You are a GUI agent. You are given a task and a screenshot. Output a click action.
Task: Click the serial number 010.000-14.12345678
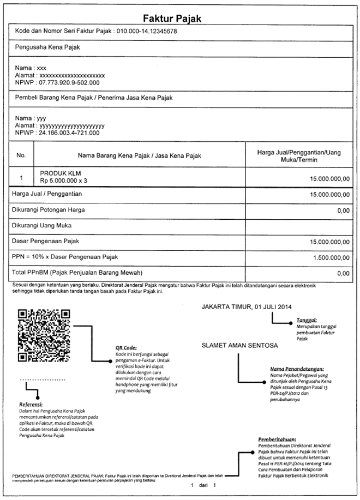click(x=147, y=32)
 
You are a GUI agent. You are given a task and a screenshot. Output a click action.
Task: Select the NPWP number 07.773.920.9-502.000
click(x=69, y=82)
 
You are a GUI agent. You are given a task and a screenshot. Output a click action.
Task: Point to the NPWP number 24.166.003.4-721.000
click(x=69, y=132)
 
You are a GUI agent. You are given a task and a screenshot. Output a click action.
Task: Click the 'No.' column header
click(x=21, y=156)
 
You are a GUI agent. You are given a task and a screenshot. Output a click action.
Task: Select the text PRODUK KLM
click(x=61, y=173)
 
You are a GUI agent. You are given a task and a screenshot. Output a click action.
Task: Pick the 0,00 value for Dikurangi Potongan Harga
click(x=343, y=210)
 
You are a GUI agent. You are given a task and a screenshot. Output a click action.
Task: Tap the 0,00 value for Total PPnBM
click(x=343, y=273)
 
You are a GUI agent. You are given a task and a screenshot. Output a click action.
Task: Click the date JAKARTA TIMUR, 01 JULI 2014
click(x=247, y=307)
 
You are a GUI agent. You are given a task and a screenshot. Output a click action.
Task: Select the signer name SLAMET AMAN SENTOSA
click(x=240, y=345)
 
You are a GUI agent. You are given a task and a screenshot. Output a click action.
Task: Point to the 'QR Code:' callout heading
click(x=126, y=348)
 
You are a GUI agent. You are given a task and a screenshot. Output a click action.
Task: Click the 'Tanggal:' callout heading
click(x=307, y=320)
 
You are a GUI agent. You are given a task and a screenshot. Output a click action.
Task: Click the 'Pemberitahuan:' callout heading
click(x=277, y=439)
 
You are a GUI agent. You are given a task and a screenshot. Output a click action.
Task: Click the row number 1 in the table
click(x=21, y=178)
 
